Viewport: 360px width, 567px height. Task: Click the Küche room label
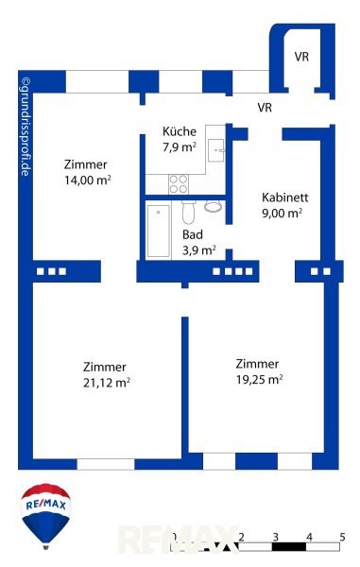tap(180, 131)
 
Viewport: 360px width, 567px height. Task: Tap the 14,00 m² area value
tap(88, 180)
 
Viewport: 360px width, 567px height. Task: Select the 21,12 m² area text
tap(107, 382)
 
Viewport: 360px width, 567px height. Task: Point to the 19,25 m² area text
tap(259, 379)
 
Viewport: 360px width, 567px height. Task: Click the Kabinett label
tap(284, 198)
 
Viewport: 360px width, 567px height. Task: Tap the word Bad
tap(193, 234)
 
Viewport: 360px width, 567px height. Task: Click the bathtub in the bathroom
tap(159, 231)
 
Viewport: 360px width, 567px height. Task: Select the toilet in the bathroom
tap(188, 213)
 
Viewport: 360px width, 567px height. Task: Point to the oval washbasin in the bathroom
tap(214, 206)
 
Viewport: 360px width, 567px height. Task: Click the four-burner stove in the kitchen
tap(179, 184)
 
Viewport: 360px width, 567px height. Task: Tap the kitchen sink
tap(215, 150)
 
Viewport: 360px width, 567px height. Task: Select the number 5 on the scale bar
tap(342, 537)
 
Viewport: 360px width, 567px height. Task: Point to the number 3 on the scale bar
tap(276, 537)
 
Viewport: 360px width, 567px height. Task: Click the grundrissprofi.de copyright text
tap(26, 127)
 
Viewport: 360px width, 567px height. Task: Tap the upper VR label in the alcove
tap(301, 57)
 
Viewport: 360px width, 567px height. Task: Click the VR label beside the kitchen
tap(265, 108)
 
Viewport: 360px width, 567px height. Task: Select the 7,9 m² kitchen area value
tap(180, 146)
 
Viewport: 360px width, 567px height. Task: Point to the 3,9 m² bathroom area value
tap(199, 249)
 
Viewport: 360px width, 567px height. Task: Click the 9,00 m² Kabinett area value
tap(282, 213)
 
